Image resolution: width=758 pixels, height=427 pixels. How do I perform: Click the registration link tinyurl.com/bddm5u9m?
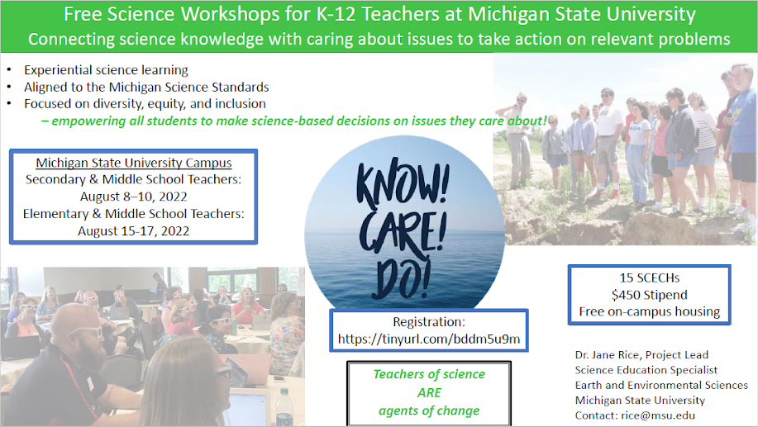[x=429, y=339]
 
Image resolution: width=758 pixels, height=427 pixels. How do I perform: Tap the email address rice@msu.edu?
[x=658, y=415]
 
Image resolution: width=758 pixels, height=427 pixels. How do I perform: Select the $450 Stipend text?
[x=649, y=295]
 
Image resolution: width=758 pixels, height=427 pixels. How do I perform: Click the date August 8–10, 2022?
[x=133, y=197]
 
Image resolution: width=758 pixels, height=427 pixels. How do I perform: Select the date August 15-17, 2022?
[x=133, y=231]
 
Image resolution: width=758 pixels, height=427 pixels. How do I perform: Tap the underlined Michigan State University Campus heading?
[x=133, y=163]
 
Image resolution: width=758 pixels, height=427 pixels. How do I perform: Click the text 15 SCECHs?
[x=649, y=278]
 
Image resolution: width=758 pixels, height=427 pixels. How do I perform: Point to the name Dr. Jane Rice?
[x=608, y=355]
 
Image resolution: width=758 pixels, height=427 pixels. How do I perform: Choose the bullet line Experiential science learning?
[x=106, y=70]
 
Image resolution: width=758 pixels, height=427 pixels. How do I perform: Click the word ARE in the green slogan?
[x=429, y=392]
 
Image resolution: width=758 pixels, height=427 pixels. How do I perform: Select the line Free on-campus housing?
[x=649, y=311]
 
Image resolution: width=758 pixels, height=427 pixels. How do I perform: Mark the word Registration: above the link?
[x=429, y=322]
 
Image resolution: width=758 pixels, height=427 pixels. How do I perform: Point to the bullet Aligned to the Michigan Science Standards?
[x=146, y=87]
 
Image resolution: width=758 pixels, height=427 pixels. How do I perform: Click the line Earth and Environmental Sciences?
[x=661, y=385]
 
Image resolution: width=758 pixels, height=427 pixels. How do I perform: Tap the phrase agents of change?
[x=429, y=410]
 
